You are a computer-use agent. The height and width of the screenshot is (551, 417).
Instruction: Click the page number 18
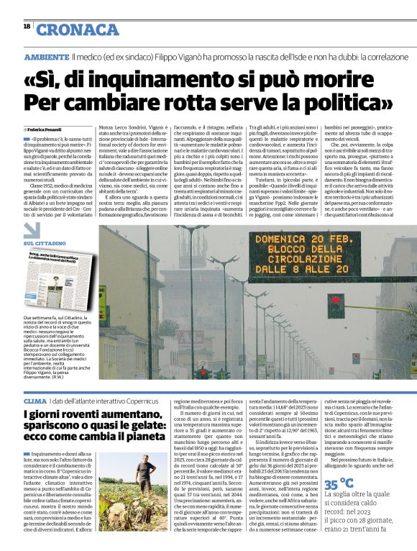coord(26,26)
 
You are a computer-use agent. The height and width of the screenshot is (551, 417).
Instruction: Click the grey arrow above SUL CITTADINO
coord(33,231)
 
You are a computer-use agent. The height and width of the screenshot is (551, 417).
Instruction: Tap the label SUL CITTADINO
coord(45,245)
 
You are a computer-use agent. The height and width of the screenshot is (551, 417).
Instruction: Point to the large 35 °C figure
coord(339,483)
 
